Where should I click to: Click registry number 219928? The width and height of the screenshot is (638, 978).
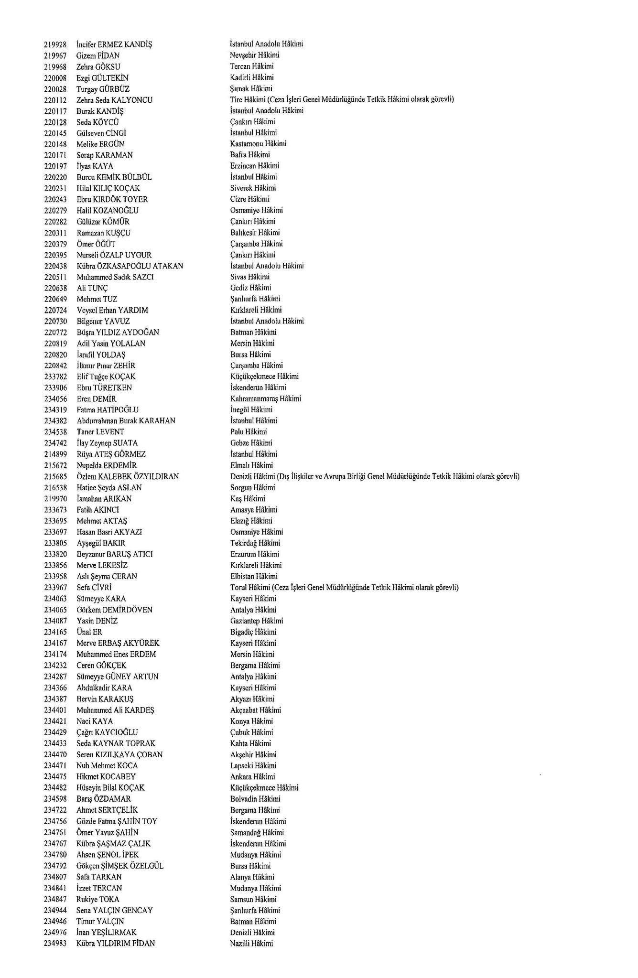[55, 44]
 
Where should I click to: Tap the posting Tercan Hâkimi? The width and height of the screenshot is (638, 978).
[251, 66]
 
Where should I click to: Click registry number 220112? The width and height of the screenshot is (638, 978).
[55, 100]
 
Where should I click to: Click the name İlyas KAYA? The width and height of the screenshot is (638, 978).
[95, 166]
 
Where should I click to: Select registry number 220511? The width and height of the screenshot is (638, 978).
[55, 277]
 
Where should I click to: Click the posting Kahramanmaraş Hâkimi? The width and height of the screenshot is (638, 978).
[265, 398]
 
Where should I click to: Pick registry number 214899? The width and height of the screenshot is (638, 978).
[55, 454]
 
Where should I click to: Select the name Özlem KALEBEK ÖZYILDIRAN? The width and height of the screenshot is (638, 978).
[128, 476]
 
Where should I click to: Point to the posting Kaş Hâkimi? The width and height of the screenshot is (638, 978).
[248, 498]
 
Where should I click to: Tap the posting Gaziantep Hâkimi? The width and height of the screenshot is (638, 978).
[256, 621]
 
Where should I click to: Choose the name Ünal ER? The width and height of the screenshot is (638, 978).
[89, 632]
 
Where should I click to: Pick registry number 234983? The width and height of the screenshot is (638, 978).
[55, 943]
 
